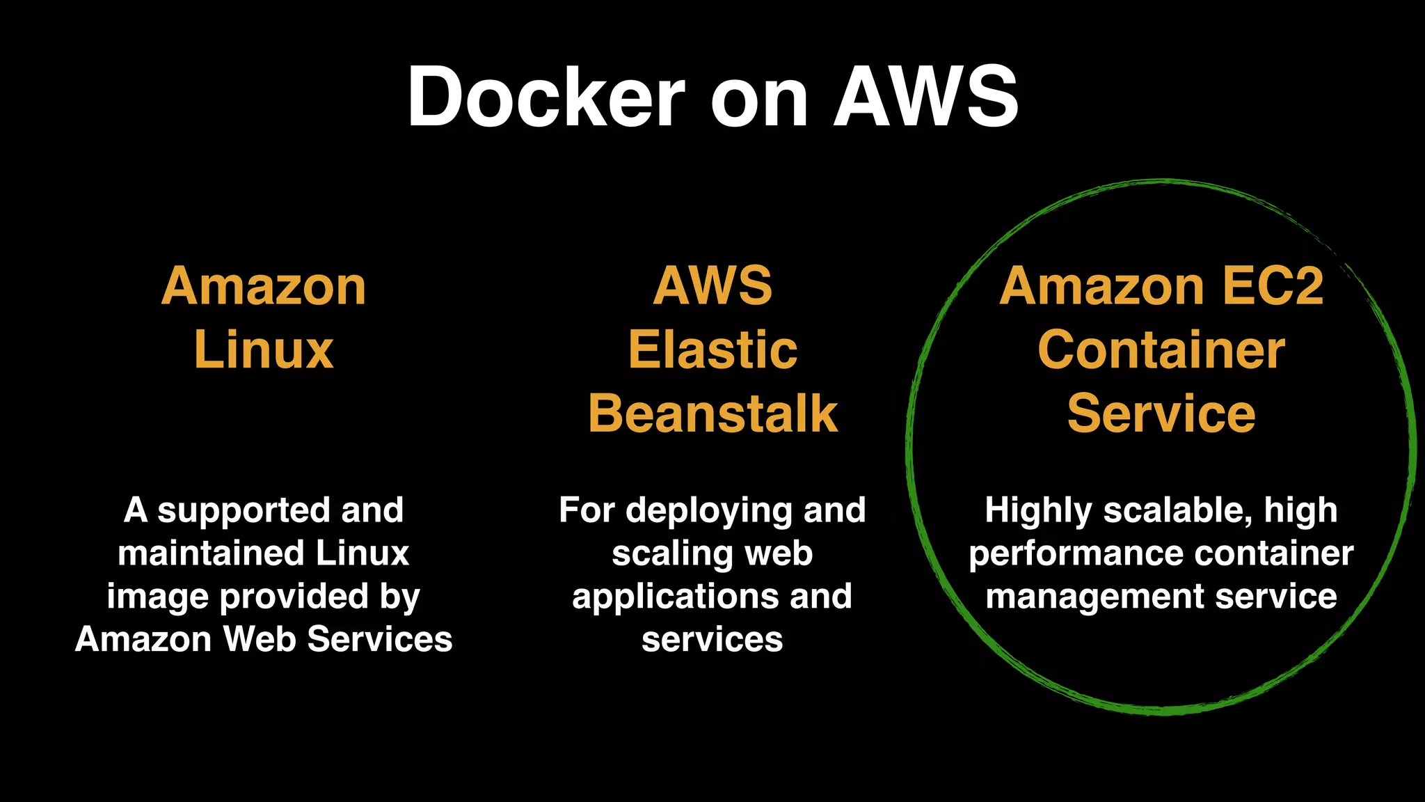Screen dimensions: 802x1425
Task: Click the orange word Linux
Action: pos(264,349)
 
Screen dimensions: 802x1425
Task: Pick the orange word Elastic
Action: pos(712,349)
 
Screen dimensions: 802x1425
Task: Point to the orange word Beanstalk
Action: pos(712,414)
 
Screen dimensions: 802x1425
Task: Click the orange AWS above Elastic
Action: pos(712,285)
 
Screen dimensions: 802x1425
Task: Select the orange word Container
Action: pos(1161,349)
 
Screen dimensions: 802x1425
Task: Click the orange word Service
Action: pos(1161,414)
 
